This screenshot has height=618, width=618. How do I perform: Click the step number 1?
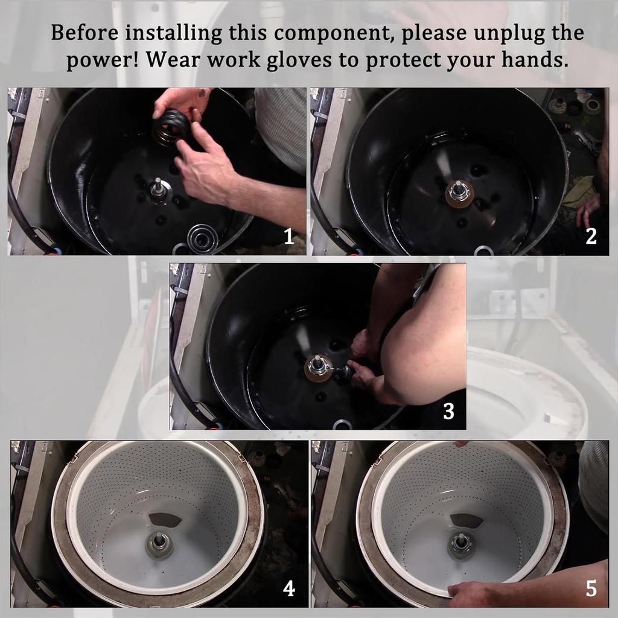[x=288, y=237]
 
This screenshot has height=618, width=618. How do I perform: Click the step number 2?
[x=591, y=237]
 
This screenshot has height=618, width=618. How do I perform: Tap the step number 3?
[x=448, y=411]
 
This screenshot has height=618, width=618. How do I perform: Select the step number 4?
[x=289, y=588]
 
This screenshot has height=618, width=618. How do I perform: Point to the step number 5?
[x=591, y=588]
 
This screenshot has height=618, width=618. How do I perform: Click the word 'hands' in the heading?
[x=529, y=61]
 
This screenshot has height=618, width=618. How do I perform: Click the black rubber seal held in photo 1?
[x=171, y=129]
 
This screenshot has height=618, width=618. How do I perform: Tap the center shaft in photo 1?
[x=158, y=186]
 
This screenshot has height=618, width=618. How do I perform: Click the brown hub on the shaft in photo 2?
[x=459, y=193]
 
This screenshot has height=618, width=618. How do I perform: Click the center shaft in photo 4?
[x=159, y=542]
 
